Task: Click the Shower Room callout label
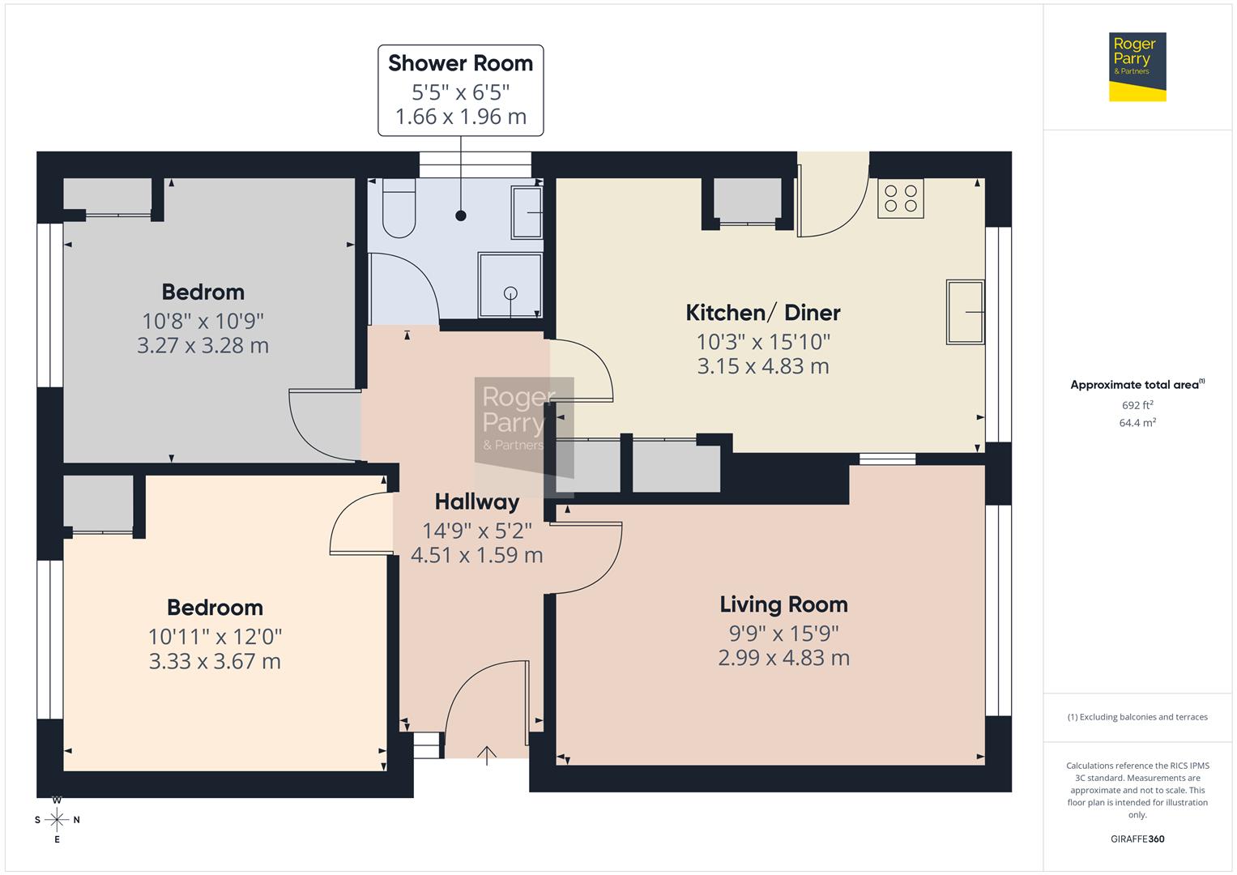point(460,63)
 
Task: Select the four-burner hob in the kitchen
point(901,198)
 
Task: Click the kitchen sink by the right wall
point(965,312)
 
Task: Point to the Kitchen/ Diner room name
point(762,313)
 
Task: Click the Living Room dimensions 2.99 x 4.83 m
point(783,658)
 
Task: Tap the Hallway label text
point(476,502)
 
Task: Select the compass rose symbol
point(57,819)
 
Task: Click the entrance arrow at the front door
point(486,755)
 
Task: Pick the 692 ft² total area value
point(1137,405)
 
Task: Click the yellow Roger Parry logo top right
point(1137,66)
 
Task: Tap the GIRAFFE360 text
point(1137,839)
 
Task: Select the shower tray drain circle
point(510,293)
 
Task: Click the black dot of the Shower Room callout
point(461,216)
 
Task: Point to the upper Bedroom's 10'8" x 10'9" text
point(203,321)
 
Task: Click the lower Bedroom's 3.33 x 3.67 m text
point(215,662)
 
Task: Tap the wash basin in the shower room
point(527,212)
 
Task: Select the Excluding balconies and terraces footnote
point(1137,717)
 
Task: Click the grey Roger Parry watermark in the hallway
point(518,421)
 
